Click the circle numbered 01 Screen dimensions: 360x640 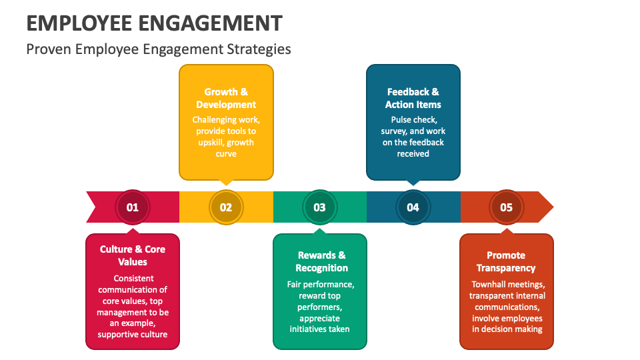coord(133,207)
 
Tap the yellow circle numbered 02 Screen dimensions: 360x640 coord(226,207)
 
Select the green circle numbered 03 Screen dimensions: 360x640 coord(319,207)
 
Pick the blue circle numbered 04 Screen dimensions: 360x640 coord(413,207)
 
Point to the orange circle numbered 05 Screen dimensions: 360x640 coord(506,207)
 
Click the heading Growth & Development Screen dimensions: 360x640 coord(226,98)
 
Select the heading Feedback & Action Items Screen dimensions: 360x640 coord(413,98)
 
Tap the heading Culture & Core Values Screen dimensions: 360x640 coord(133,255)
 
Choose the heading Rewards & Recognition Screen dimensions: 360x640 coord(321,261)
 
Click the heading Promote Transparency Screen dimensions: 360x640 coord(506,261)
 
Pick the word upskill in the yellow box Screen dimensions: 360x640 coord(214,143)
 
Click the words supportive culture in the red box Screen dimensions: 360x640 coord(133,335)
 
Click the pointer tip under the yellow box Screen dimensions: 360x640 coord(226,183)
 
